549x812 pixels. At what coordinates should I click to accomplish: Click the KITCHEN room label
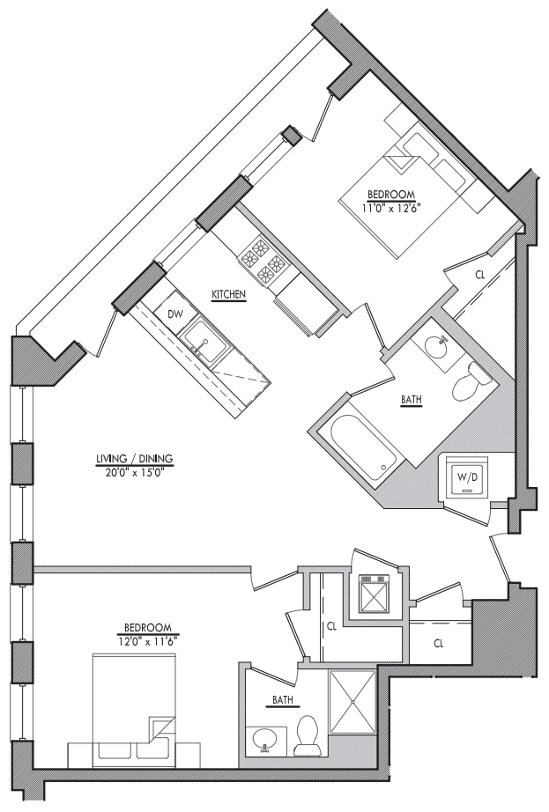pyautogui.click(x=228, y=295)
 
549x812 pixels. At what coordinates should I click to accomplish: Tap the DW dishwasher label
pyautogui.click(x=174, y=314)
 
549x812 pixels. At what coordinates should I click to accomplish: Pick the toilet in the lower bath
pyautogui.click(x=307, y=736)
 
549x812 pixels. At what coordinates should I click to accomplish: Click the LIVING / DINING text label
pyautogui.click(x=134, y=459)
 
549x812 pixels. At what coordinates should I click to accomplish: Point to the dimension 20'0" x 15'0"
pyautogui.click(x=134, y=470)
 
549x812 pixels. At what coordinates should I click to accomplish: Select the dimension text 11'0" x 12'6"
pyautogui.click(x=392, y=208)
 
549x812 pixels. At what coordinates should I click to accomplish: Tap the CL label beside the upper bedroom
pyautogui.click(x=479, y=275)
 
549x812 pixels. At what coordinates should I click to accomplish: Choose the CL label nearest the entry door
pyautogui.click(x=438, y=644)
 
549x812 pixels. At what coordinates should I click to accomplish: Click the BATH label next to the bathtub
pyautogui.click(x=411, y=400)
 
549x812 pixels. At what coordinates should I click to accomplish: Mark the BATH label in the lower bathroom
pyautogui.click(x=283, y=702)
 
